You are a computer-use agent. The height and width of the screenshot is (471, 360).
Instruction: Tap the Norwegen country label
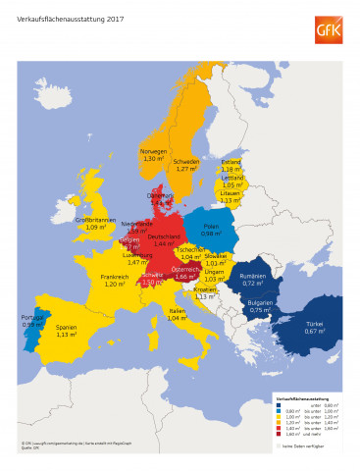pyautogui.click(x=154, y=151)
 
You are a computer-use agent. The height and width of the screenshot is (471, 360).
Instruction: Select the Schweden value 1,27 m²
pyautogui.click(x=186, y=169)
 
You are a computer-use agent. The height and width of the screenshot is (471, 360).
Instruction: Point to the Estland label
pyautogui.click(x=231, y=161)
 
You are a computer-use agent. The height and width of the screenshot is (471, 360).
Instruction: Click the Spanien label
pyautogui.click(x=67, y=327)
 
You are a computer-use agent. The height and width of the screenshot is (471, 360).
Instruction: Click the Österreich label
pyautogui.click(x=186, y=269)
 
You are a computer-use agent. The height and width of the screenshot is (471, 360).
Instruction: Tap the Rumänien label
pyautogui.click(x=253, y=277)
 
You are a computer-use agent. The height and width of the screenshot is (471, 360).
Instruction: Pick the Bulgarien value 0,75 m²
pyautogui.click(x=260, y=310)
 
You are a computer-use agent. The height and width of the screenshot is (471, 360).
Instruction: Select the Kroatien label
pyautogui.click(x=204, y=289)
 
